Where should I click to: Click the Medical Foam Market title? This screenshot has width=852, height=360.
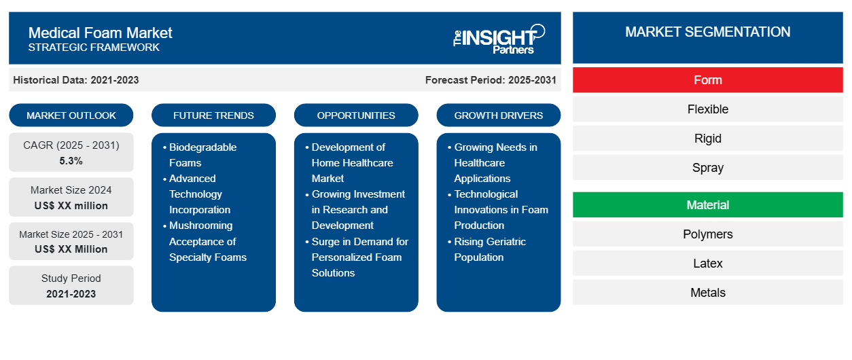coord(100,33)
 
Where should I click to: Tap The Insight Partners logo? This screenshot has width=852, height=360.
coord(499,39)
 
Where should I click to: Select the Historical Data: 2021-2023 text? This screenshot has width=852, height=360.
coord(76,80)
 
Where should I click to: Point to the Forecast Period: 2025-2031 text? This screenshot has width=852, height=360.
coord(491,80)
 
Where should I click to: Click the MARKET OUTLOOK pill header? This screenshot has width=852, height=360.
coord(71,115)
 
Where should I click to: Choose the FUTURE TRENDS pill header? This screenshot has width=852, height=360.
coord(213,115)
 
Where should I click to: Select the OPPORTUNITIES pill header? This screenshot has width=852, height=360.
coord(356,115)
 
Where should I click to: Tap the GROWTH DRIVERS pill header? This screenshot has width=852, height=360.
coord(499,115)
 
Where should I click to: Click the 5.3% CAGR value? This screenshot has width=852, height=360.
coord(71,161)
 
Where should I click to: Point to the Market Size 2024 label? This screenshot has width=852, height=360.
coord(71,190)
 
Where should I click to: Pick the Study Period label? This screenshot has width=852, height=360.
coord(71,278)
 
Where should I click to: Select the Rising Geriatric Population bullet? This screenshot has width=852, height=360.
coord(489,249)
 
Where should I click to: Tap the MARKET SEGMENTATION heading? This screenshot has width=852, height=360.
coord(707,32)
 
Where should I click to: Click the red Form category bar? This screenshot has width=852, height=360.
coord(707,80)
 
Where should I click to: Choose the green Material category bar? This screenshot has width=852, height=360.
coord(707,205)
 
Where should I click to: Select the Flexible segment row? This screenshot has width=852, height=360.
coord(707,109)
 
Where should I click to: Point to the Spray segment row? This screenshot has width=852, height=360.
coord(707,168)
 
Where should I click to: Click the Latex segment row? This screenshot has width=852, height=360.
coord(707,264)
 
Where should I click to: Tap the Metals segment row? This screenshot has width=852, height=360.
coord(707,293)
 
